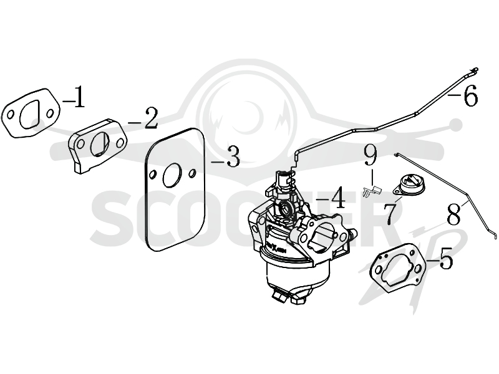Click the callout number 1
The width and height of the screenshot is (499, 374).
coord(79,97)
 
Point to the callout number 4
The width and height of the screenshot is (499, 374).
coord(337,198)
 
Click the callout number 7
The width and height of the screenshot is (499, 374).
coord(390,214)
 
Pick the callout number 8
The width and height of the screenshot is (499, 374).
coord(453,214)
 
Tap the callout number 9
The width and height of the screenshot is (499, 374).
coord(371,155)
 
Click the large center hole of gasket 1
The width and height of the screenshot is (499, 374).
coord(29,115)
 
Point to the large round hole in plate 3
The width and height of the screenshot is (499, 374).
coord(172,175)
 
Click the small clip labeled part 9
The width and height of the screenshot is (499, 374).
coord(371,191)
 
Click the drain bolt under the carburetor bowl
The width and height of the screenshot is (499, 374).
coord(280,295)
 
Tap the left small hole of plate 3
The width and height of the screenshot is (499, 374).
coord(152,175)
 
